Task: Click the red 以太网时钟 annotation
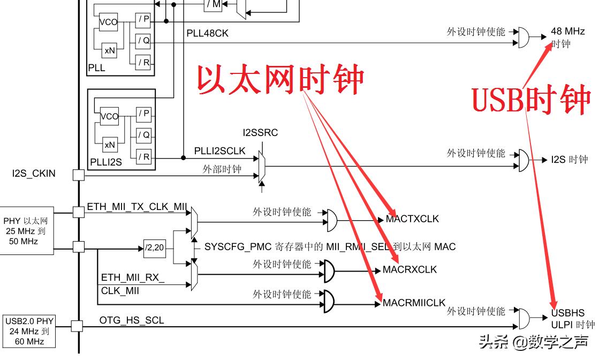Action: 280,80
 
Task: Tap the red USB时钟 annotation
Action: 530,100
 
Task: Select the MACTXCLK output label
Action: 412,219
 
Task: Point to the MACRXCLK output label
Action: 410,269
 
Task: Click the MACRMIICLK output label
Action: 414,303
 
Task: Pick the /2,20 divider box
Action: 155,247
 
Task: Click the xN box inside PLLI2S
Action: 110,145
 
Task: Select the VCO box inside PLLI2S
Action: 109,116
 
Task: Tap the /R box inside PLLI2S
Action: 143,157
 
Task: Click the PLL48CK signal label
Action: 207,33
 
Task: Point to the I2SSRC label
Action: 260,133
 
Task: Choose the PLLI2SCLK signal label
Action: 219,151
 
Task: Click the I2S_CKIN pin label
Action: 34,174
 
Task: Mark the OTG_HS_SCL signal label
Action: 132,320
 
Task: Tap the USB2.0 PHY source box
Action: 29,331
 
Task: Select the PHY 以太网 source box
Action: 28,231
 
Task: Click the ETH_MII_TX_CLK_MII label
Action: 137,206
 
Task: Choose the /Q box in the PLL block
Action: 143,41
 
